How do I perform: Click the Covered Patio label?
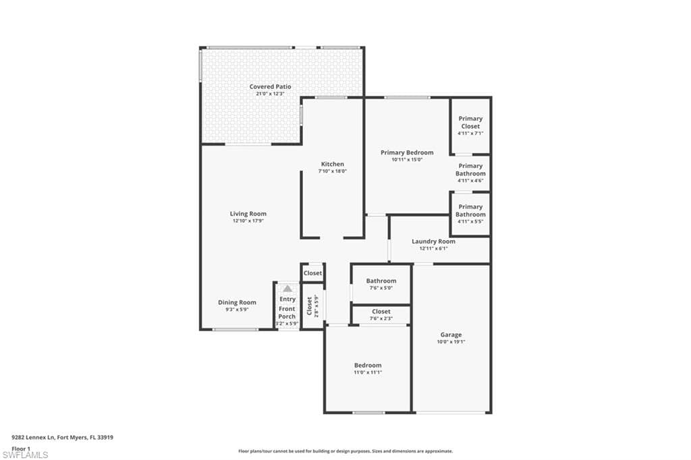click(270, 87)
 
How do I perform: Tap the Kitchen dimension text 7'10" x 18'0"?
click(333, 171)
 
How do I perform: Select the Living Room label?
click(248, 214)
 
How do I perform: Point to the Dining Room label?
click(237, 302)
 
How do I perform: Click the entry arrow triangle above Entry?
click(287, 289)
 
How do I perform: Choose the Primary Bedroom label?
click(407, 152)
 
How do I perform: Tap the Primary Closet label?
click(470, 122)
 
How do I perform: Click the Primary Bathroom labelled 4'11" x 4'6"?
click(470, 170)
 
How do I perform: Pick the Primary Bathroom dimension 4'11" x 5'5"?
click(470, 221)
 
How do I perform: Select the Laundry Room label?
click(434, 241)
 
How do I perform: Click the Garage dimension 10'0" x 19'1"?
click(451, 341)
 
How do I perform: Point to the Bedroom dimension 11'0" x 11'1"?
click(368, 372)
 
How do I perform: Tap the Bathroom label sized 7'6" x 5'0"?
click(381, 281)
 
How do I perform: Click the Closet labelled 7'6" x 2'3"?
click(381, 312)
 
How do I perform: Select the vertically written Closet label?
click(309, 306)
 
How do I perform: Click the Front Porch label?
click(287, 313)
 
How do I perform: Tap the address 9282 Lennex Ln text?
click(33, 438)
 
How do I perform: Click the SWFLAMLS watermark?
click(25, 455)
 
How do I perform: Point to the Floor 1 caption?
click(21, 449)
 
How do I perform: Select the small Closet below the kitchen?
click(313, 273)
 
